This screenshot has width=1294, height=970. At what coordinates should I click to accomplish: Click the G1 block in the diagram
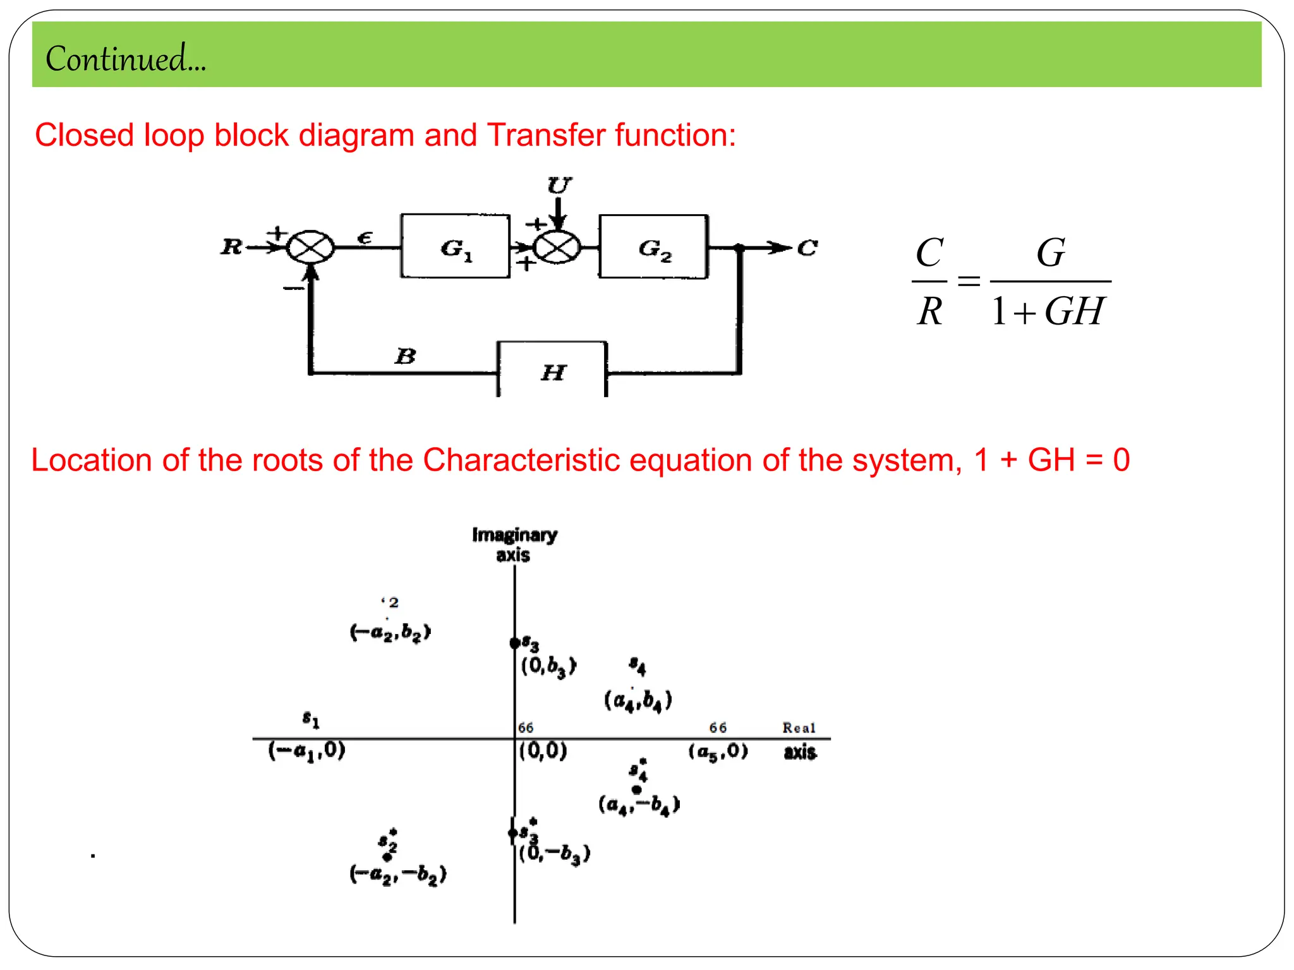(455, 247)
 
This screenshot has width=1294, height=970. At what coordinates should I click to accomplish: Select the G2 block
(653, 247)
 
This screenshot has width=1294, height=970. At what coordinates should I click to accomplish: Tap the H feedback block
(552, 371)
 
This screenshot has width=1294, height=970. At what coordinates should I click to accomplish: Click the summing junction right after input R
(310, 247)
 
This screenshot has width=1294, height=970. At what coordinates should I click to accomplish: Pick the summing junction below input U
(557, 247)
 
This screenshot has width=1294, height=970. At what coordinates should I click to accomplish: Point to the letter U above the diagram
(559, 185)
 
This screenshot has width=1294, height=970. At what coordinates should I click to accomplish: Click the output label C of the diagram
(807, 248)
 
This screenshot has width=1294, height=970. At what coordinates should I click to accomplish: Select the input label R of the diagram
(231, 246)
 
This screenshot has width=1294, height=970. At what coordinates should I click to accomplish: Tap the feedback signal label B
(405, 356)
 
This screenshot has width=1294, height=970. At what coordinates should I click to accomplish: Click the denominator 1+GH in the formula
(1047, 311)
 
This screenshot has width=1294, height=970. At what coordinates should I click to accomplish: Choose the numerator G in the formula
(1050, 253)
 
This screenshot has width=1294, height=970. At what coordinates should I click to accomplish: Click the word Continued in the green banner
(125, 59)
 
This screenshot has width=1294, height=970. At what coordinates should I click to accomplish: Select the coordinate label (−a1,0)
(306, 751)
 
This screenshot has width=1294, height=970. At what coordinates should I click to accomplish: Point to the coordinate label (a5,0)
(718, 751)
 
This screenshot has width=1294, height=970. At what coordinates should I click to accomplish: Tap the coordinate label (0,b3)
(548, 666)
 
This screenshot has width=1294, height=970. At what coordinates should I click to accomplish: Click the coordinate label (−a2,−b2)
(397, 875)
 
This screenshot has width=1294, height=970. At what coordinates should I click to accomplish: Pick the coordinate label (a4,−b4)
(638, 805)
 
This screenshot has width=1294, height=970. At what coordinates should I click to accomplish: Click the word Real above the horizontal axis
(799, 727)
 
